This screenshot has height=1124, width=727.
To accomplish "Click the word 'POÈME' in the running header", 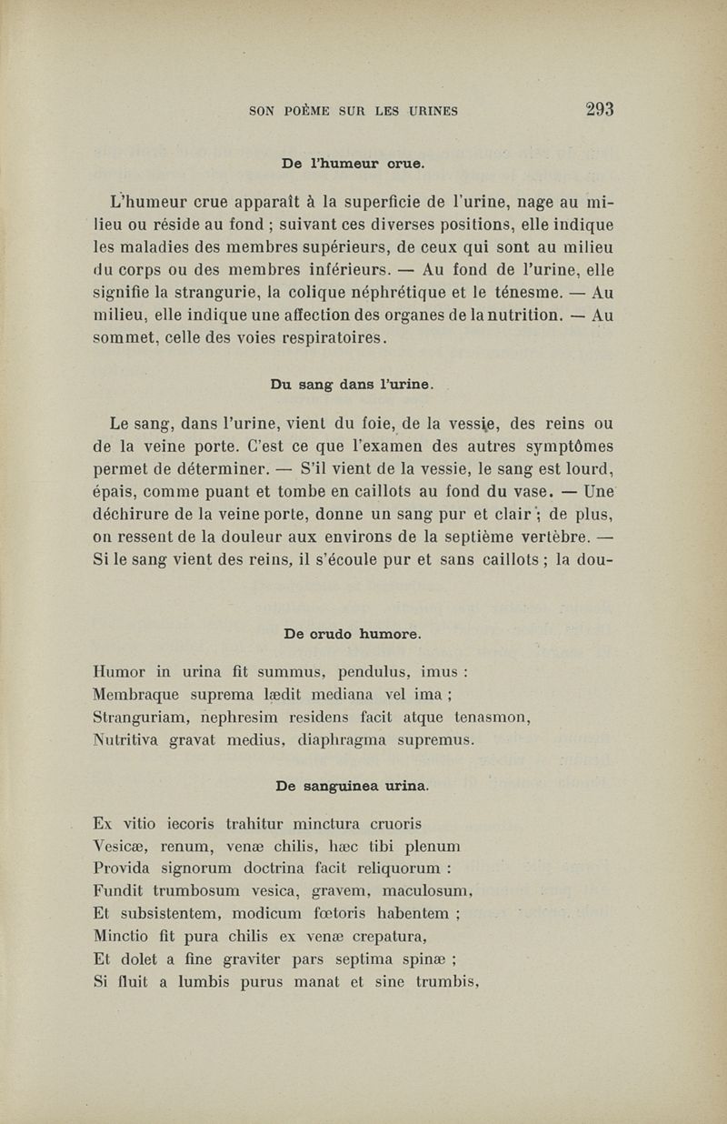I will tap(307, 112).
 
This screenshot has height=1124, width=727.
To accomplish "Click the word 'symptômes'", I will tap(555, 446).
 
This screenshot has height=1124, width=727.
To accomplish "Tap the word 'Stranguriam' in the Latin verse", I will tap(137, 718).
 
